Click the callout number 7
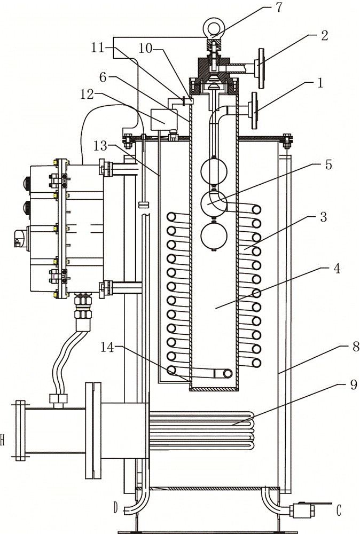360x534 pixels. click(x=279, y=7)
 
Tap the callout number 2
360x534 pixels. click(x=324, y=36)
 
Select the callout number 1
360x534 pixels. click(x=320, y=83)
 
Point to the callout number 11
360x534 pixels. click(x=98, y=48)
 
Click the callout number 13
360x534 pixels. click(x=101, y=146)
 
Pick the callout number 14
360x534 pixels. click(x=107, y=348)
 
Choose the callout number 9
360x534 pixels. click(x=353, y=384)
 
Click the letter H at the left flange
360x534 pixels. click(x=2, y=441)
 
